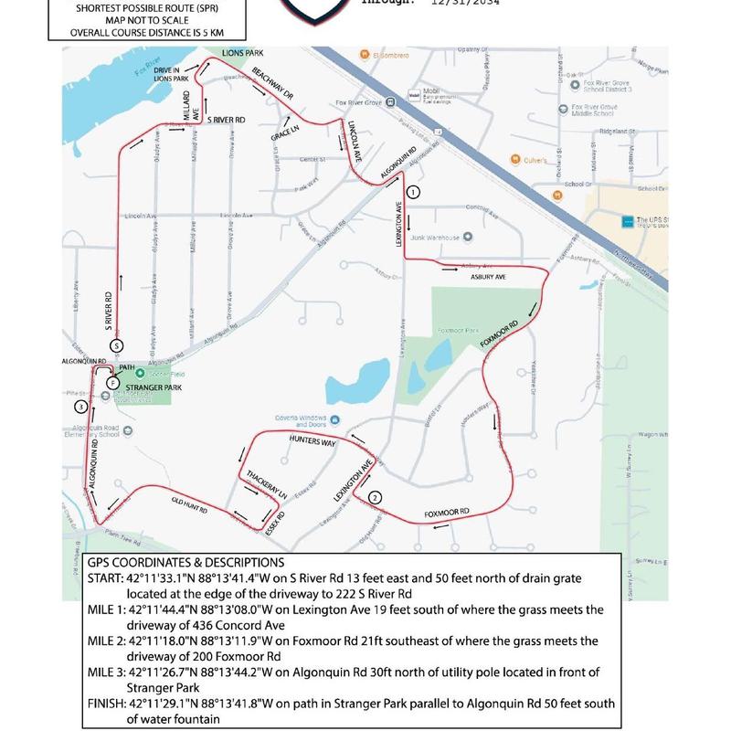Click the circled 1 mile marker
pyautogui.click(x=413, y=192)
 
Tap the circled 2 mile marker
pyautogui.click(x=375, y=497)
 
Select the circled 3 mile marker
pyautogui.click(x=81, y=406)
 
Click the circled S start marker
pyautogui.click(x=116, y=345)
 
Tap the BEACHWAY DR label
pyautogui.click(x=271, y=84)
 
